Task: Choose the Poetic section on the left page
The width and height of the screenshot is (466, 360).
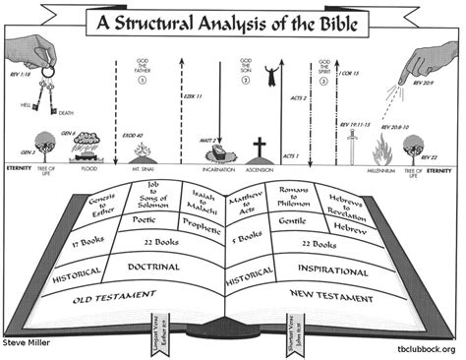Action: click(x=142, y=221)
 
